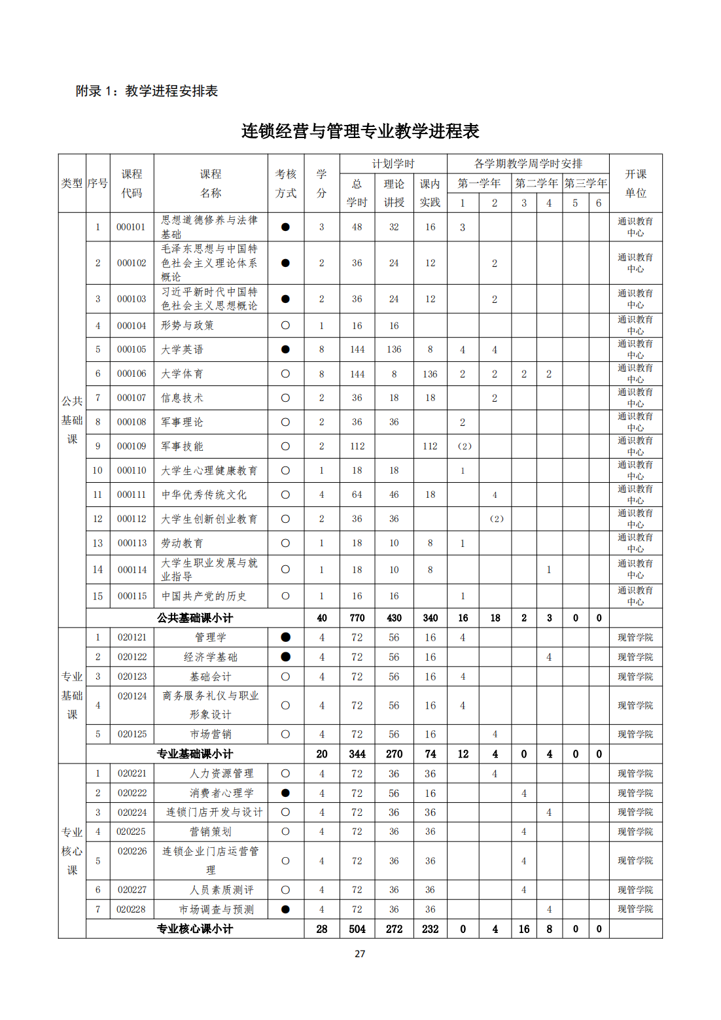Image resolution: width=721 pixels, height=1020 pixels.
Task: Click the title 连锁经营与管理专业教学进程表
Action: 360,131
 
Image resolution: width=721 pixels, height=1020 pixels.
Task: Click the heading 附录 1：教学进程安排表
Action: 147,91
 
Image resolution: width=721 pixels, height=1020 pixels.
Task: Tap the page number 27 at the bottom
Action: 360,953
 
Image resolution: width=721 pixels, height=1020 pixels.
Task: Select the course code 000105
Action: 132,349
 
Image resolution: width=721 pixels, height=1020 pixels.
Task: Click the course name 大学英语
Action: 183,349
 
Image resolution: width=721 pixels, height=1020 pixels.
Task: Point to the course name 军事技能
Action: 183,446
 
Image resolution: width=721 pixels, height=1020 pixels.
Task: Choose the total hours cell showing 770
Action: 357,618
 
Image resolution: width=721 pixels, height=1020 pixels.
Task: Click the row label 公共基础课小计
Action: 195,618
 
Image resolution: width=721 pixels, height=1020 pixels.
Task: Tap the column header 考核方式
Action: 286,183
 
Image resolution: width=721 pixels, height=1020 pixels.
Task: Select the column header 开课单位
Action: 635,183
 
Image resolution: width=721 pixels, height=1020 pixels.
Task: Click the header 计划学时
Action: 393,164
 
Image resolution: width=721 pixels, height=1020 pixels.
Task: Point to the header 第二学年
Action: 536,183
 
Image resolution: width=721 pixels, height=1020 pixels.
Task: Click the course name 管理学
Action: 211,637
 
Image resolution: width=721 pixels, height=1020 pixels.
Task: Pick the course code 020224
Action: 132,812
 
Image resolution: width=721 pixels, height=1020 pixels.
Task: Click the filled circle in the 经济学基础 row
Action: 285,657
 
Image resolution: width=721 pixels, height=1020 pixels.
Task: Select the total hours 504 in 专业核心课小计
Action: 357,929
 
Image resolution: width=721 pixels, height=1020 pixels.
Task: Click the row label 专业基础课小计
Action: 195,754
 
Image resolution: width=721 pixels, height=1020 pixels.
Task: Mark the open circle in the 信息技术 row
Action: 285,398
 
